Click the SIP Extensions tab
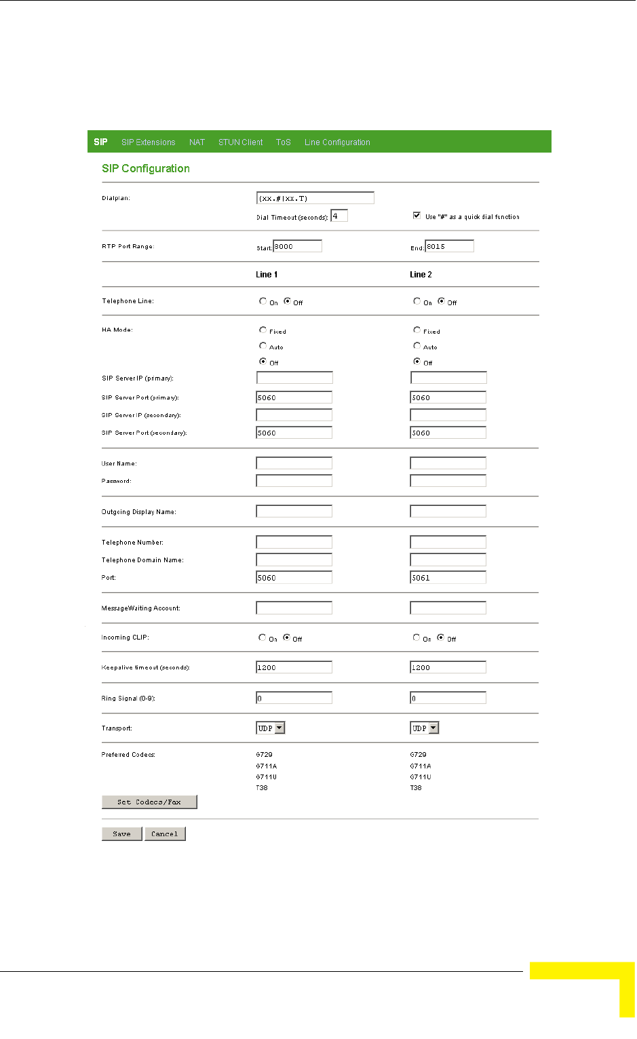148,142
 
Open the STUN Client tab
240,142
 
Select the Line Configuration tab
337,142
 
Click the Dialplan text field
315,198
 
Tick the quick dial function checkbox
417,216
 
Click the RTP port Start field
297,246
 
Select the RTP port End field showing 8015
449,246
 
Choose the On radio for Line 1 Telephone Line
263,301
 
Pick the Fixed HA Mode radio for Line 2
417,330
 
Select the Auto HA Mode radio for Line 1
263,346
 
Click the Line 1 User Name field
294,463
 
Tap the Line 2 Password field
448,481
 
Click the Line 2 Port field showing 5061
448,578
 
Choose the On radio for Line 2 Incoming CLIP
416,638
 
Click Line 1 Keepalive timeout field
294,667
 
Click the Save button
122,834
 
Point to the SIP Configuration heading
146,168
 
